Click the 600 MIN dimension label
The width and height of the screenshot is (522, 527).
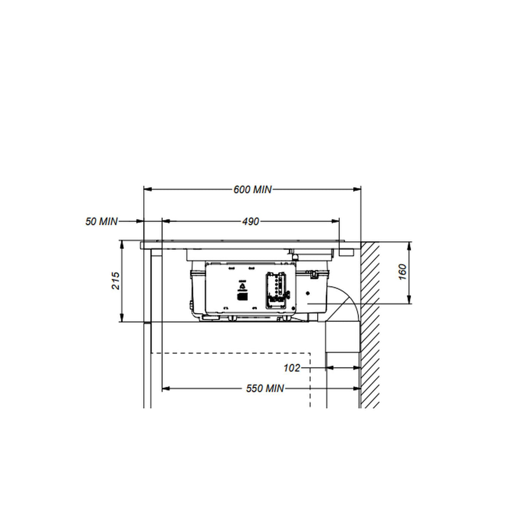(252, 190)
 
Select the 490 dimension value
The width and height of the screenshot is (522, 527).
(250, 221)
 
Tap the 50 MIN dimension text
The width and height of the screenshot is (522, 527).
(101, 221)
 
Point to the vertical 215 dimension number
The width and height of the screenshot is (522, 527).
(116, 281)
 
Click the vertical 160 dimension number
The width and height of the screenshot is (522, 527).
(402, 272)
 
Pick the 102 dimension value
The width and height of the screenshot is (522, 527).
(292, 368)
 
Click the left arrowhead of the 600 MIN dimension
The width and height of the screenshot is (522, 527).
(148, 189)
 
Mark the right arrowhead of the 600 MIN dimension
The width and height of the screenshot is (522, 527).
(357, 189)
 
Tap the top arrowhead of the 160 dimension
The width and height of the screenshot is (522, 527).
(409, 246)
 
